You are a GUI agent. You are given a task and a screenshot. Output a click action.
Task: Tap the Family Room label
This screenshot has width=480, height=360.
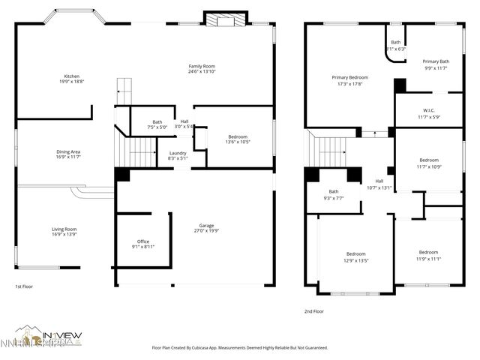(x=202, y=66)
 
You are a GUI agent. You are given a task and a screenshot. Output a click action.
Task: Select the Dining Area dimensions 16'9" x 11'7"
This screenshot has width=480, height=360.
(x=68, y=157)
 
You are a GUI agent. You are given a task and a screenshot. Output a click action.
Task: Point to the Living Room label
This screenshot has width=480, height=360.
(x=64, y=229)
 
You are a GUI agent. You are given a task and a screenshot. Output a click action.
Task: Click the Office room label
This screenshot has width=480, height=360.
(x=142, y=241)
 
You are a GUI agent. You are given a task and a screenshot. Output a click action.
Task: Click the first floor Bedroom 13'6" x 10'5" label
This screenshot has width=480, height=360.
(x=238, y=136)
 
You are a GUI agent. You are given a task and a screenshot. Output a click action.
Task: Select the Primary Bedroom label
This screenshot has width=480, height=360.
(x=349, y=77)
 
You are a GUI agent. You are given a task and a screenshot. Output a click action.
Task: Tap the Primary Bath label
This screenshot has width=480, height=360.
(x=436, y=61)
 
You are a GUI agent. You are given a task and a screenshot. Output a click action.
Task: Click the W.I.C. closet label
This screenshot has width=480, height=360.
(x=429, y=111)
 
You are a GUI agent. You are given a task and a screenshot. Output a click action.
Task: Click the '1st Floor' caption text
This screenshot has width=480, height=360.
(x=24, y=286)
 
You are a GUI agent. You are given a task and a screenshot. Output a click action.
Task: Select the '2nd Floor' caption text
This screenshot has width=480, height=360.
(x=313, y=310)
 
